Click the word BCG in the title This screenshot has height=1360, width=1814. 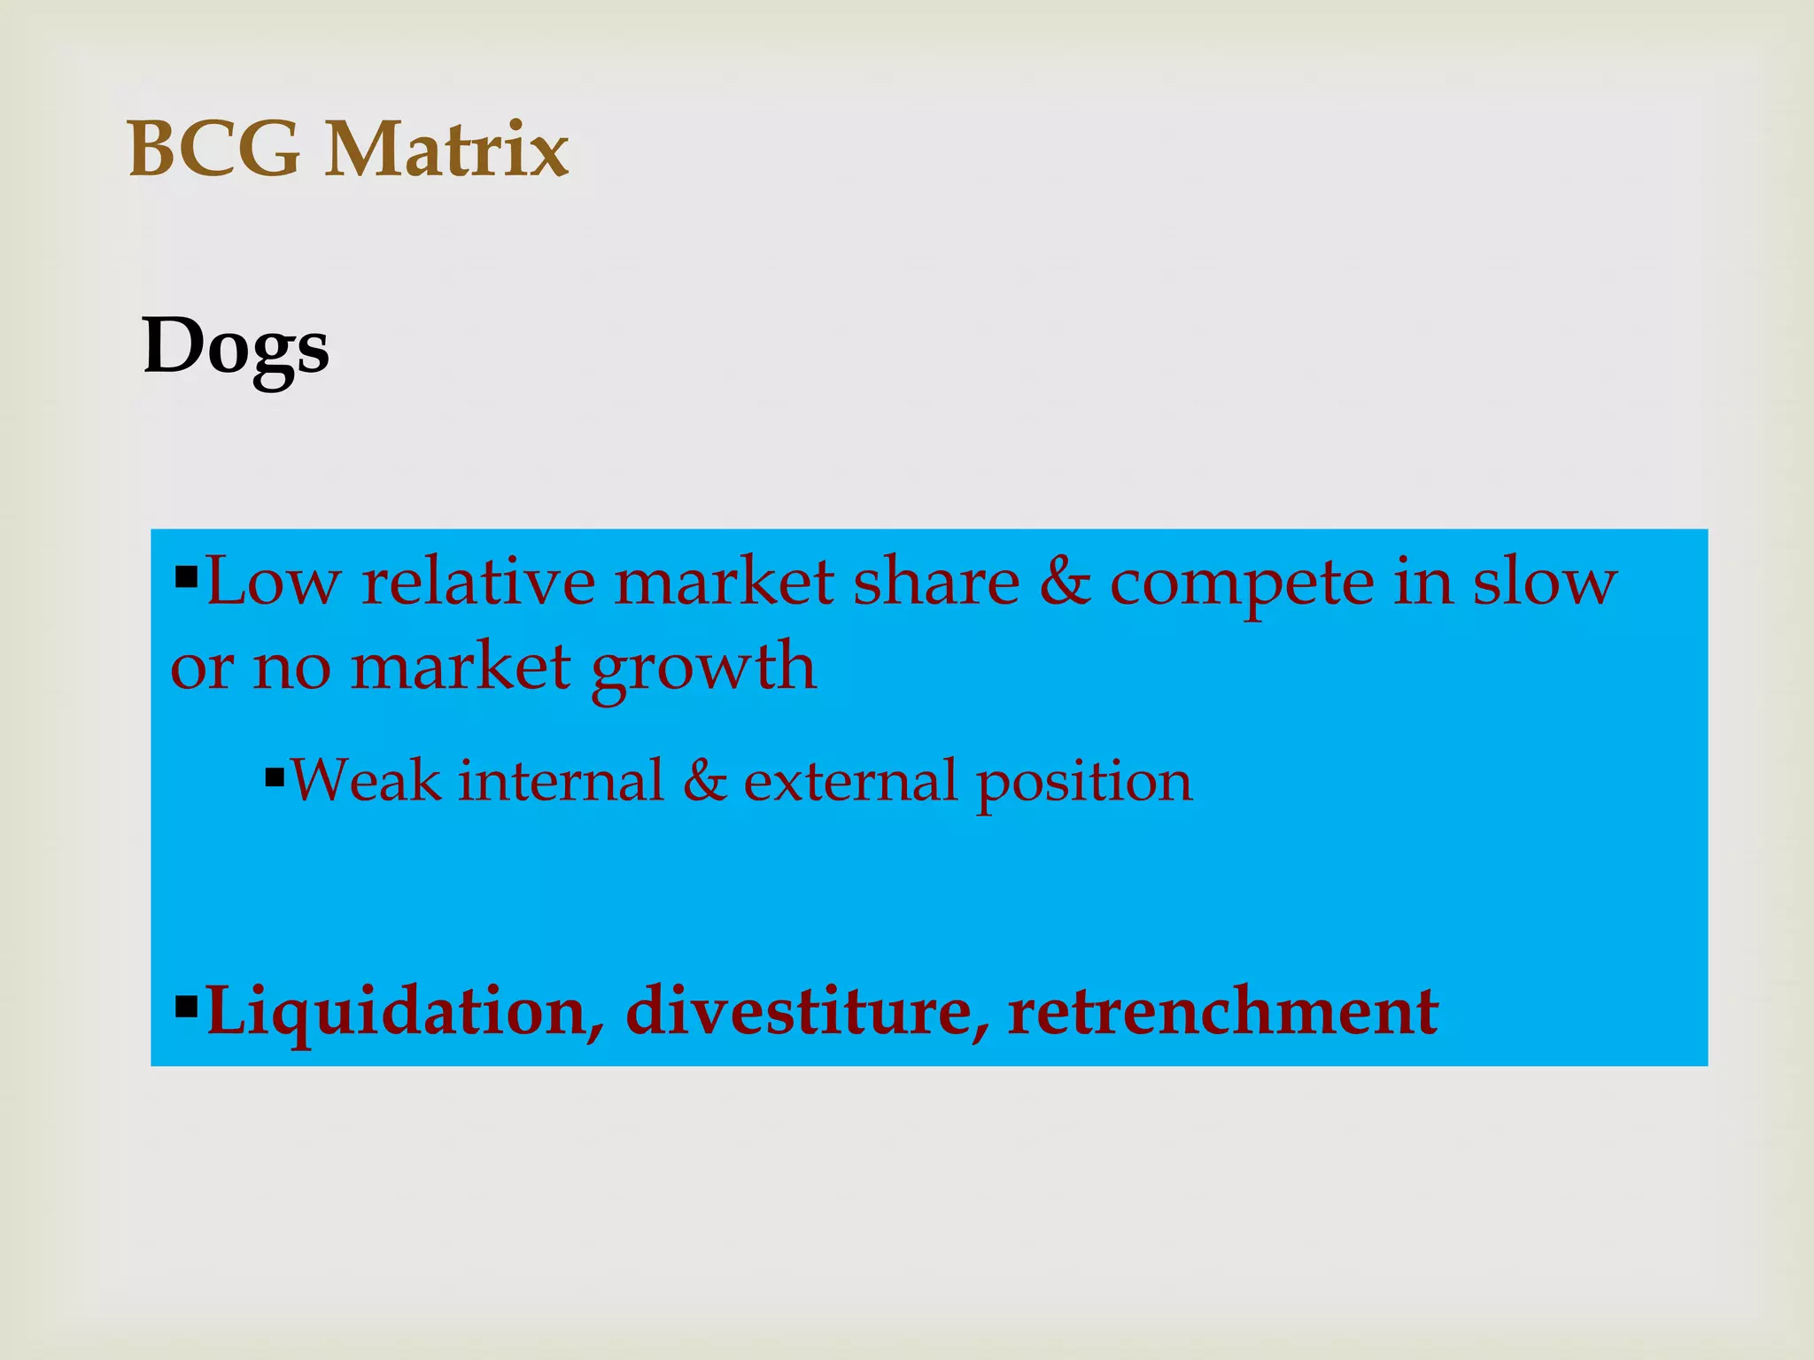coord(213,150)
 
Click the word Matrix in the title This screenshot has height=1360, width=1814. coord(446,150)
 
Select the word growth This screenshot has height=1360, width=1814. coord(703,669)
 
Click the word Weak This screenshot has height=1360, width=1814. coord(366,781)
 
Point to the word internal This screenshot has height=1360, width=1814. coord(562,781)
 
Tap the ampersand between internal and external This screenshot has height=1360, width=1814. coord(705,781)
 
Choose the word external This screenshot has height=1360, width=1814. coord(850,781)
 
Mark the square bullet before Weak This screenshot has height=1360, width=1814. coord(275,779)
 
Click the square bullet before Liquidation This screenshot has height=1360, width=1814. coord(186,1006)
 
